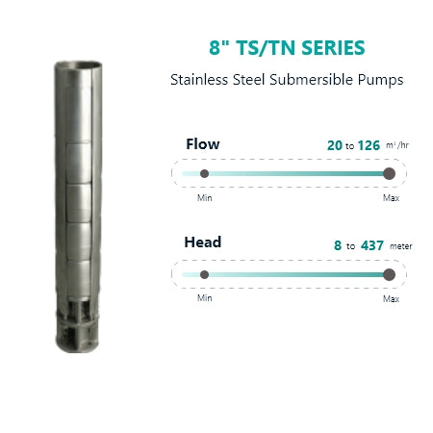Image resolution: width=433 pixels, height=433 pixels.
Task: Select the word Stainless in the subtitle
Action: pos(199,80)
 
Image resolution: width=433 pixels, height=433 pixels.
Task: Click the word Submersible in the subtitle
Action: pos(311,80)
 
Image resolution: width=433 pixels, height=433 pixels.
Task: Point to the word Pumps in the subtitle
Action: pos(380,80)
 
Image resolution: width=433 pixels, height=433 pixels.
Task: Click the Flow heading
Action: pos(203,144)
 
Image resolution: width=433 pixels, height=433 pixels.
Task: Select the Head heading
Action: pos(203,242)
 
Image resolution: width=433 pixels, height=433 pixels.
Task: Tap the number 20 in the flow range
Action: pos(335,145)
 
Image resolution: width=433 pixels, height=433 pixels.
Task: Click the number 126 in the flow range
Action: pos(369,145)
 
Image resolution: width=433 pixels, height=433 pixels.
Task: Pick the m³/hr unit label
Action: pos(397,145)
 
